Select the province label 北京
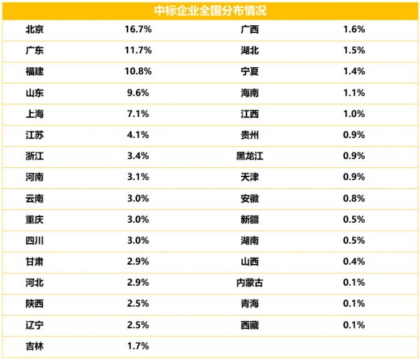coord(34,30)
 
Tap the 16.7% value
coord(137,30)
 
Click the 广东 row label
coord(34,51)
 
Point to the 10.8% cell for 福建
coord(137,72)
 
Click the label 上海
coord(34,114)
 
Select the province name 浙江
coord(34,156)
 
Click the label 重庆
coord(34,219)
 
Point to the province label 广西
coord(249,30)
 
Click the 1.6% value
coord(354,30)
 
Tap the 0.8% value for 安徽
coord(354,198)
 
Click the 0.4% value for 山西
coord(354,261)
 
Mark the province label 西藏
coord(249,324)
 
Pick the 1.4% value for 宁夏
coord(354,72)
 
